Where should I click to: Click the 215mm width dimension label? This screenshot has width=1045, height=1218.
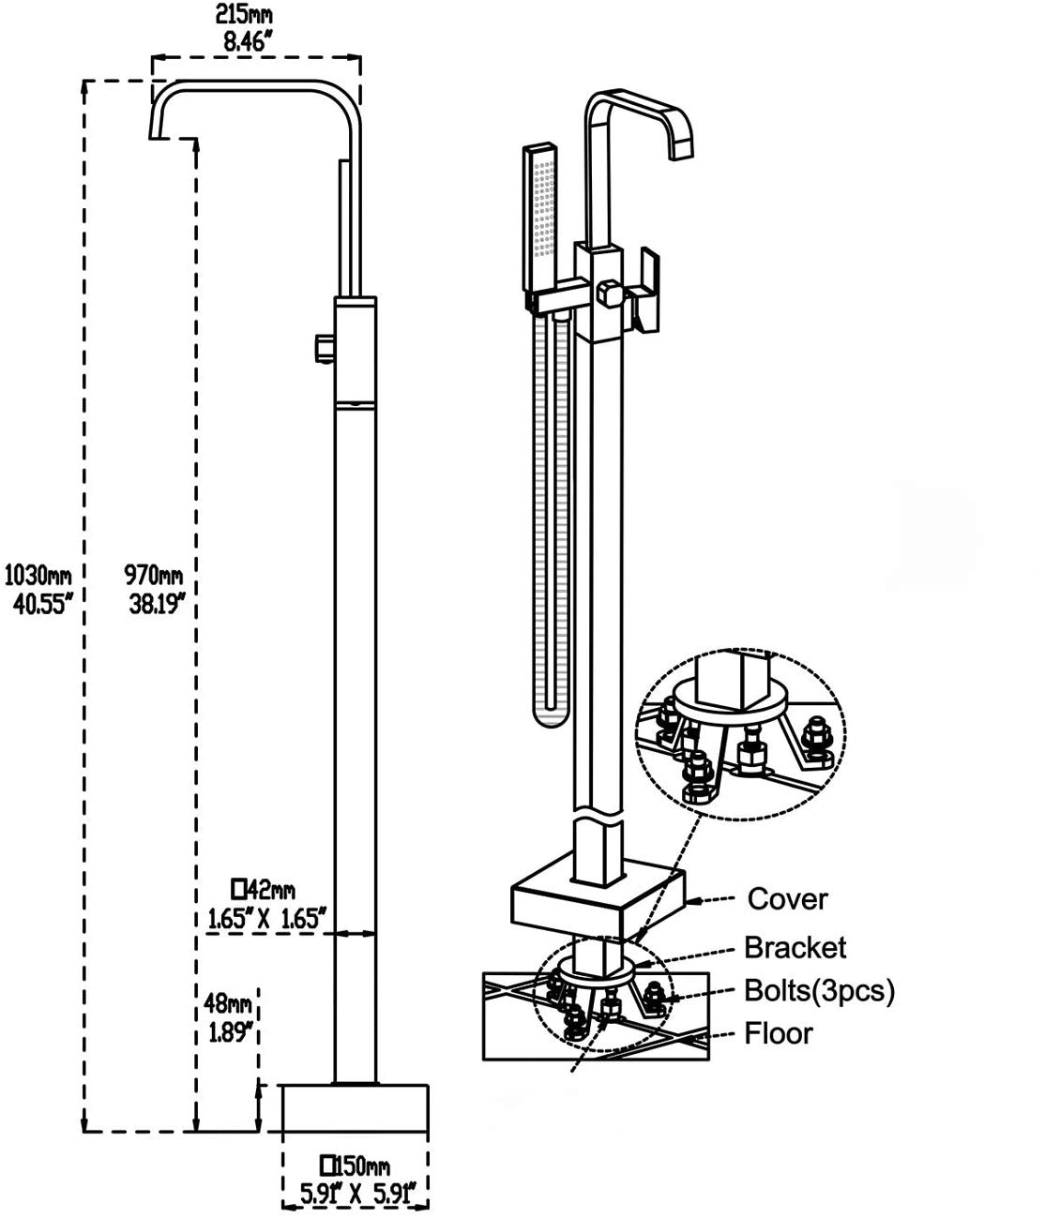pos(244,14)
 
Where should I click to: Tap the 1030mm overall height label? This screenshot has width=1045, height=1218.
pos(38,575)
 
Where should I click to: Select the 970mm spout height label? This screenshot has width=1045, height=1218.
pos(153,575)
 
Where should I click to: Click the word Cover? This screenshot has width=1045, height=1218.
pos(787,899)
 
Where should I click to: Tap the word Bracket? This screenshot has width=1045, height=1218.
pos(795,948)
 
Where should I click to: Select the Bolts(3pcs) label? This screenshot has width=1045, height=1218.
pos(819,990)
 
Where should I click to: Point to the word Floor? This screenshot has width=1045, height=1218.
pos(778,1033)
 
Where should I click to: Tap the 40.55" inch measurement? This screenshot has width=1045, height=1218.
pos(42,605)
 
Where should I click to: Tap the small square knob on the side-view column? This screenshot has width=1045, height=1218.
pos(325,348)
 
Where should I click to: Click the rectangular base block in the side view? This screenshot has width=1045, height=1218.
pos(356,1108)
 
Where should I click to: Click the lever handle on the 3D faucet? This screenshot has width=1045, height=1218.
pos(645,292)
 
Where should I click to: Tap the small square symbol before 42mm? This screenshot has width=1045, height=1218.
pos(238,889)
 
